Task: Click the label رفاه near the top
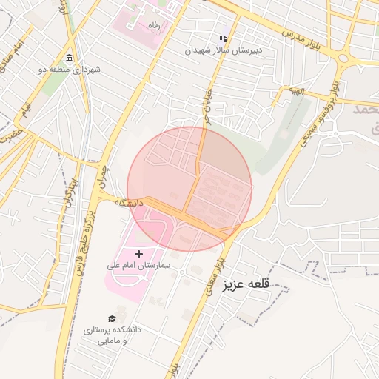pyautogui.click(x=154, y=24)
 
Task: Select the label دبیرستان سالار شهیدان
pyautogui.click(x=224, y=50)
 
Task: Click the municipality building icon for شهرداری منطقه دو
pyautogui.click(x=69, y=58)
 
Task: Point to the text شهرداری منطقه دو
pyautogui.click(x=69, y=70)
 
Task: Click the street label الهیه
pyautogui.click(x=298, y=91)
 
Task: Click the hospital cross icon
pyautogui.click(x=138, y=254)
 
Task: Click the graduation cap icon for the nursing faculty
pyautogui.click(x=112, y=318)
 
